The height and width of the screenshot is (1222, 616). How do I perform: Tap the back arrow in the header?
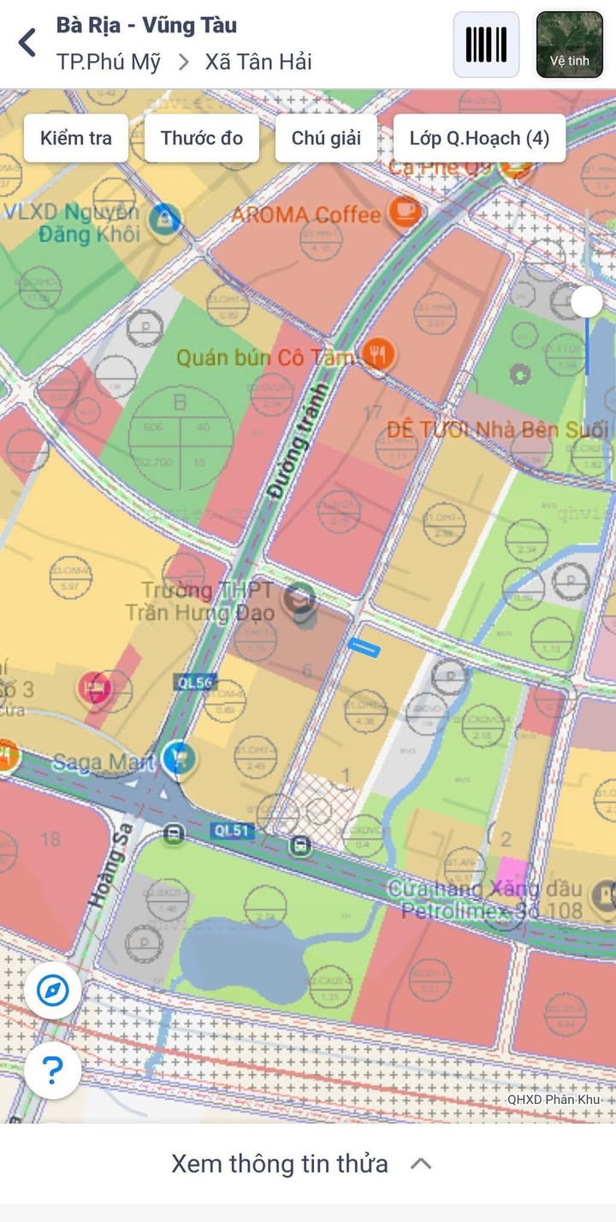(x=27, y=42)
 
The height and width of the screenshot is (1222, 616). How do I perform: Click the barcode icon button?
(x=486, y=44)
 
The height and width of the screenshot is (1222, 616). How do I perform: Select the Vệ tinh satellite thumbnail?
(x=569, y=44)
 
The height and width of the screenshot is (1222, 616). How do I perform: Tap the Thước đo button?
(x=202, y=139)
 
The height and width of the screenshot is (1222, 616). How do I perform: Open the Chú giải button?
(x=326, y=139)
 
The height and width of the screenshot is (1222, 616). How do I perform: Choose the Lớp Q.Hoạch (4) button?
(x=479, y=139)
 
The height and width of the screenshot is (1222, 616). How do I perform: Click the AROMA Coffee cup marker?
(x=405, y=210)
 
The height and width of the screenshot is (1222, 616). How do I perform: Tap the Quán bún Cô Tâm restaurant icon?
(x=377, y=352)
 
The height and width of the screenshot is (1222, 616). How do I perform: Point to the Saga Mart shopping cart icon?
(x=180, y=758)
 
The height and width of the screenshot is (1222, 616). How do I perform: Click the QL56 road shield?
(x=195, y=682)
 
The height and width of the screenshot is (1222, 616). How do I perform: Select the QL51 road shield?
(x=234, y=830)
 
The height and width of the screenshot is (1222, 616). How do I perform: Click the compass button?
(x=53, y=992)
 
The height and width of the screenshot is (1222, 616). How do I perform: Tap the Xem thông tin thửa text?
(x=279, y=1164)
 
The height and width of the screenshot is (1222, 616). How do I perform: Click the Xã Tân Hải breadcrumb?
(x=258, y=62)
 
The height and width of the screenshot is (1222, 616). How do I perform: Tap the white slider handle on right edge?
(x=587, y=302)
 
